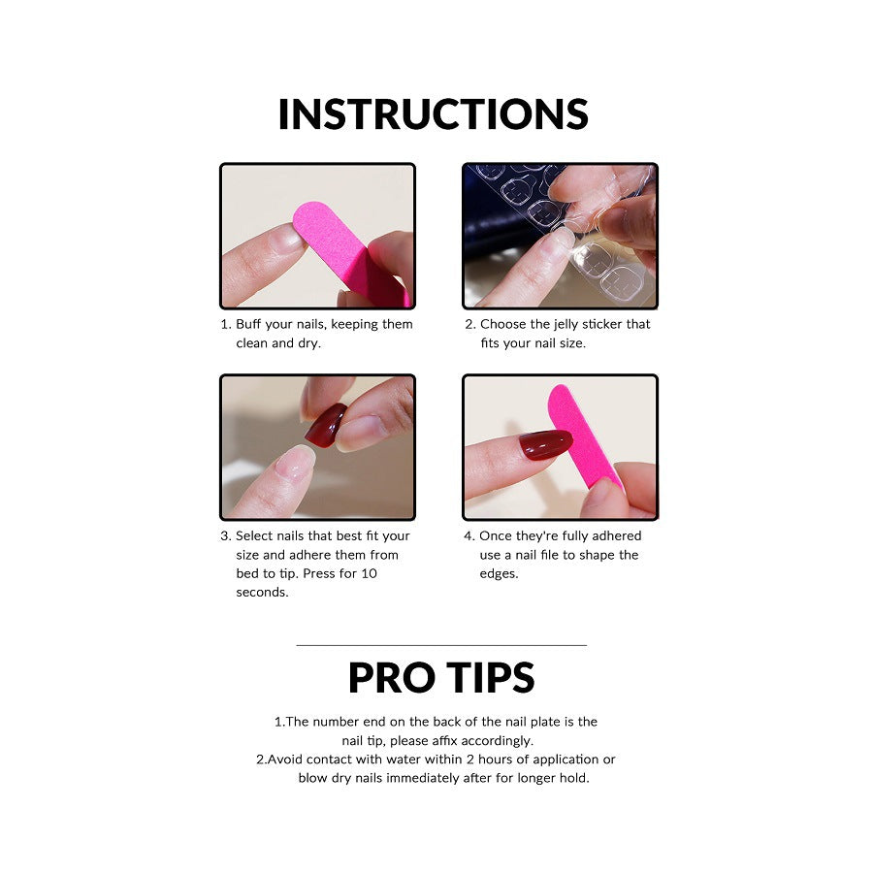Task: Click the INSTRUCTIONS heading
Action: point(434,114)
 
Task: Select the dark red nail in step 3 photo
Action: point(325,425)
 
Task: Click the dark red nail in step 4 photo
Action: point(545,445)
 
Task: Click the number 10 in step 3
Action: point(370,573)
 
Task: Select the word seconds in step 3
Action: point(262,592)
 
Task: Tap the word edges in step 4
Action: point(499,573)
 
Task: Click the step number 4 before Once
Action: point(469,535)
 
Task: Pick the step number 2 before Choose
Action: point(469,324)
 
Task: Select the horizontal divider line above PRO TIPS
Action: point(441,645)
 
